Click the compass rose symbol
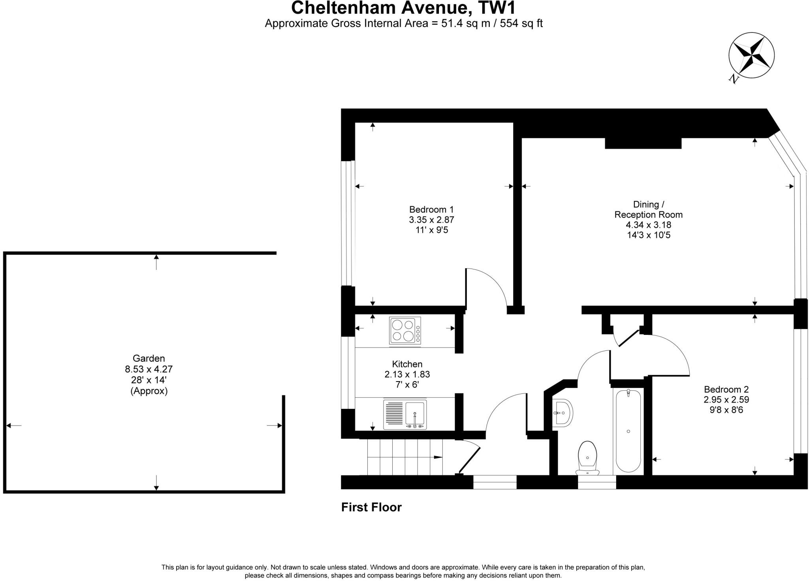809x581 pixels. point(751,55)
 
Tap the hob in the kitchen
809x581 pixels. point(405,330)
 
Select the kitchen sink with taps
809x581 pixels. point(405,415)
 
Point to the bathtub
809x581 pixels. point(628,430)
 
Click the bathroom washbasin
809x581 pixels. point(562,412)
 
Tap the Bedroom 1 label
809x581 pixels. point(431,209)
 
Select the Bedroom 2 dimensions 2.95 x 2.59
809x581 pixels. point(726,399)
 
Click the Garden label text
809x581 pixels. point(149,358)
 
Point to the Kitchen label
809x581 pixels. point(407,364)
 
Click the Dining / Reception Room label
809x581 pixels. point(648,209)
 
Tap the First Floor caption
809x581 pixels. point(371,507)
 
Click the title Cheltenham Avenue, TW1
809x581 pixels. point(403,8)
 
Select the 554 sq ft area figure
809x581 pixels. point(521,23)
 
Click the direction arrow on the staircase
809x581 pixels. point(438,457)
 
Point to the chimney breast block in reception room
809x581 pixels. point(643,143)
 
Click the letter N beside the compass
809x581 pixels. point(734,79)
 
